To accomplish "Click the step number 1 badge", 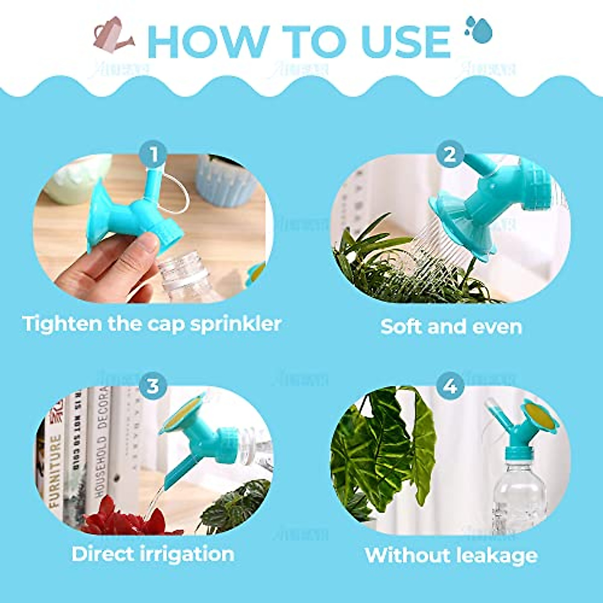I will (154, 154).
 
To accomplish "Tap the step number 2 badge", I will (449, 154).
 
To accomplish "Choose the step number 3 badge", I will (153, 386).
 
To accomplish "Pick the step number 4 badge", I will (450, 386).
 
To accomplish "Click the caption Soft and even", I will (451, 327).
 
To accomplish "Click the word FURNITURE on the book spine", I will (55, 470).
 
